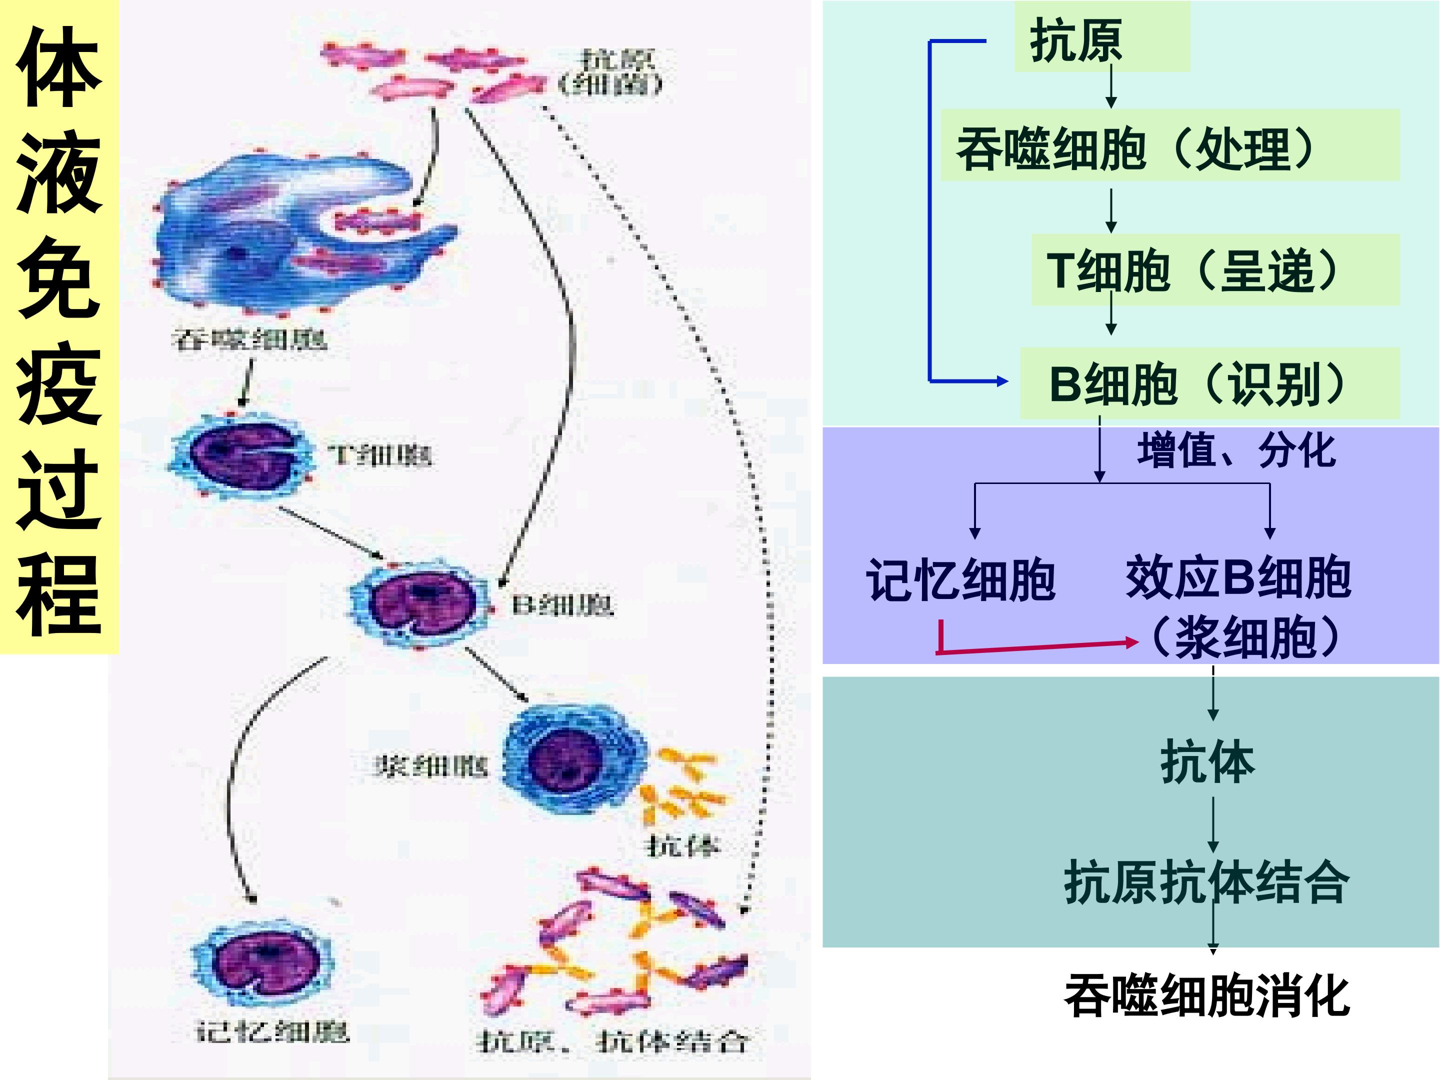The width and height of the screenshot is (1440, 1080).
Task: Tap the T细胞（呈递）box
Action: click(1215, 270)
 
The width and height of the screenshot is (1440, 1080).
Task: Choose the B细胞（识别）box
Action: click(1209, 383)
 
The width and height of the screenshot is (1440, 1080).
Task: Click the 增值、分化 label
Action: click(1235, 450)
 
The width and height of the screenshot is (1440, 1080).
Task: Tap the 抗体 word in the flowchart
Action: click(1207, 761)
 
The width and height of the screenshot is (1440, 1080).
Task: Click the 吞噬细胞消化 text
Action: click(1206, 995)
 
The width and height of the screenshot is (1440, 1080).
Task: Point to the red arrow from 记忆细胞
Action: click(1035, 647)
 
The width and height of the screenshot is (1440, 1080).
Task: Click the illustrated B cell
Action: click(420, 603)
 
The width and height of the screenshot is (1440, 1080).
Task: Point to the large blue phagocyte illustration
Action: click(280, 228)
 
